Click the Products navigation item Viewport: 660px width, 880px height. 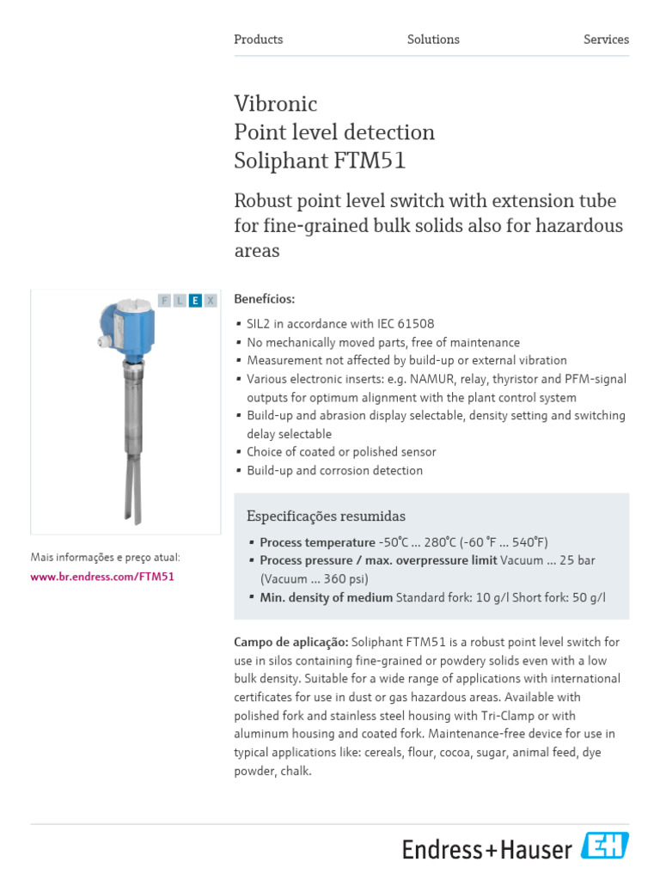(258, 40)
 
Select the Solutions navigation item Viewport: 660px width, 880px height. (433, 40)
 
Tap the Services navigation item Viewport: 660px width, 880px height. (606, 40)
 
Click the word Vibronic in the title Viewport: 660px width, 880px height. (276, 104)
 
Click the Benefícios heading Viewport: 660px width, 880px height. (264, 299)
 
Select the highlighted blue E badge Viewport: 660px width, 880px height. (195, 300)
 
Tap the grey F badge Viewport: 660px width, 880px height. (164, 300)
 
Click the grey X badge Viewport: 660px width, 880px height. (211, 300)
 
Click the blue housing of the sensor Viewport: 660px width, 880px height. (126, 324)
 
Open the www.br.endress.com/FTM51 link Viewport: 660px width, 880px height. (102, 577)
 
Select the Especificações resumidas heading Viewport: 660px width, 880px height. (326, 516)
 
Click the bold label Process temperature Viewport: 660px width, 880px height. (317, 542)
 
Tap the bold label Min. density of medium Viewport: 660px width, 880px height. (326, 597)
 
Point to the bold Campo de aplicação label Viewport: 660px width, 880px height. (290, 642)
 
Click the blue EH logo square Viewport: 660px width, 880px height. (605, 846)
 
